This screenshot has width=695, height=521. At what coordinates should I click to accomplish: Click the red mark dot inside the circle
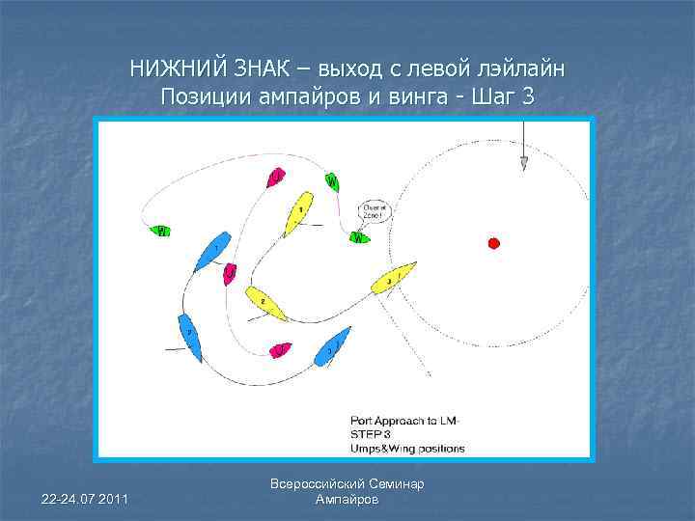click(x=493, y=242)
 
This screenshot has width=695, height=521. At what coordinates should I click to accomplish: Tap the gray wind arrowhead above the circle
click(x=523, y=163)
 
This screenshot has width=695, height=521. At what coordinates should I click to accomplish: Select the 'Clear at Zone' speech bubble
click(x=373, y=211)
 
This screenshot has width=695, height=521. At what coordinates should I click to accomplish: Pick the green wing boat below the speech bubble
click(x=359, y=237)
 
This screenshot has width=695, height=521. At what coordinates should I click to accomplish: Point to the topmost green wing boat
click(x=332, y=181)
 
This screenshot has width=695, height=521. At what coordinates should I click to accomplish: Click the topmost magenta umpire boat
click(x=277, y=178)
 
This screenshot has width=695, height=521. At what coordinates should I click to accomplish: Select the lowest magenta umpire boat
click(x=280, y=348)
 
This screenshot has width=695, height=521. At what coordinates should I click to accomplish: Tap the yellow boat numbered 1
click(x=302, y=211)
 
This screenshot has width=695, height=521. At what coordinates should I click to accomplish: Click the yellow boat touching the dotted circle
click(x=394, y=278)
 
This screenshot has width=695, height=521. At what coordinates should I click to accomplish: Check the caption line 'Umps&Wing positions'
click(x=407, y=448)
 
